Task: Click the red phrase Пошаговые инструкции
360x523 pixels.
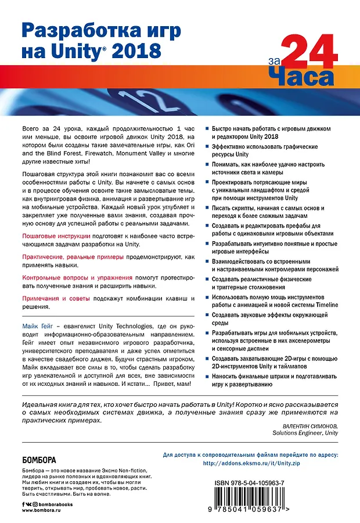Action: pos(56,236)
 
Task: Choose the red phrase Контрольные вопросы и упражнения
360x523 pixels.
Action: pos(77,277)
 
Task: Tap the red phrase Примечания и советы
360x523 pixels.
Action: pos(56,298)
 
